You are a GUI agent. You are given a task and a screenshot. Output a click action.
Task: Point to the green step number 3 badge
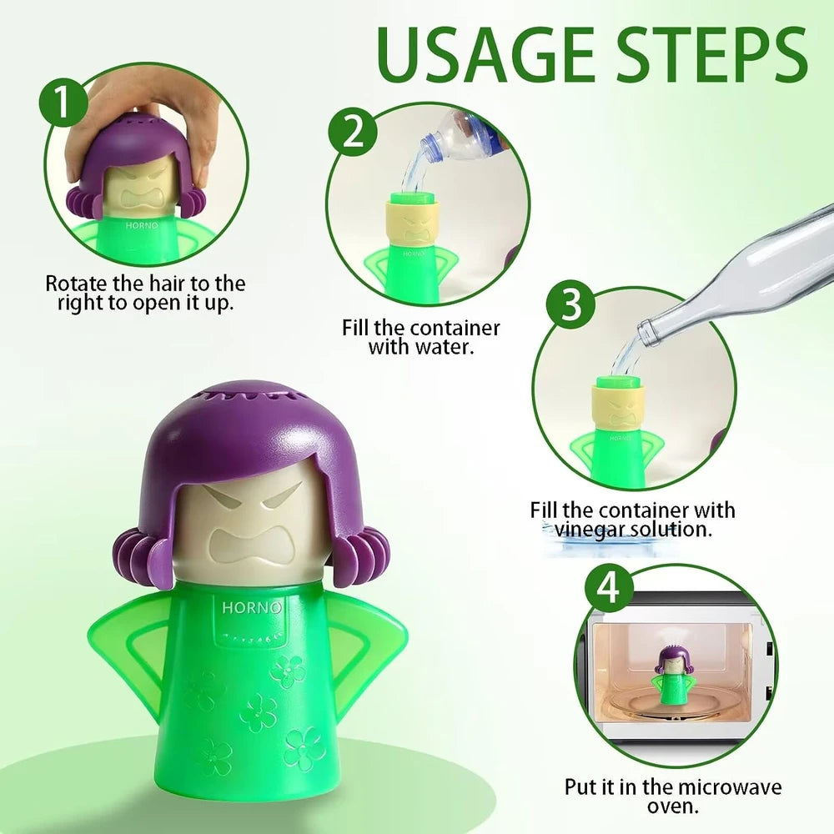(571, 305)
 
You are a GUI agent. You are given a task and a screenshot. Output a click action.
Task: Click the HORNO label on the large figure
(251, 607)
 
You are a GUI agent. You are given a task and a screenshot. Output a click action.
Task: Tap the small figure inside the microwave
(673, 678)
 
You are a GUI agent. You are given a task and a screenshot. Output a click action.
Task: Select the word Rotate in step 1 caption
(73, 284)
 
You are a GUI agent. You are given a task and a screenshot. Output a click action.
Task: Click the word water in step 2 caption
(445, 347)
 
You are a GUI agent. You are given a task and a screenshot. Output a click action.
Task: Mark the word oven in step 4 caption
(672, 806)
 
